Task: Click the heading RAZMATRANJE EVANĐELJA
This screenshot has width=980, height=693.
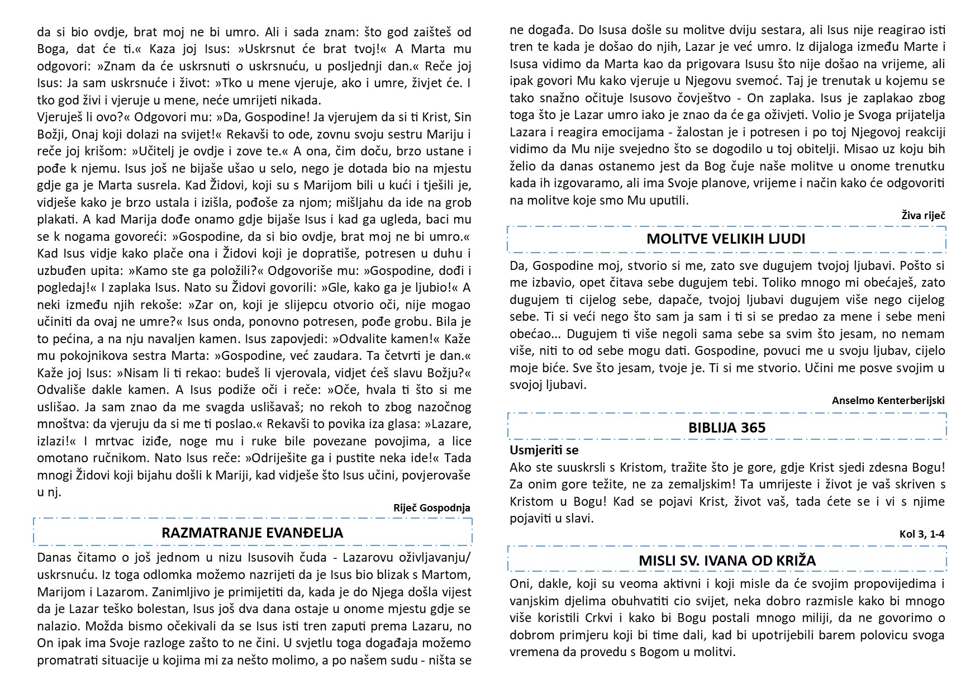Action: coord(252,533)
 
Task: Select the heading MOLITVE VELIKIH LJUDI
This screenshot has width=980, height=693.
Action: coord(726,239)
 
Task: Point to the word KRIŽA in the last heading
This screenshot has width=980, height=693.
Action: coord(792,561)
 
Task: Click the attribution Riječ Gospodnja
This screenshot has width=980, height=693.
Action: coord(432,508)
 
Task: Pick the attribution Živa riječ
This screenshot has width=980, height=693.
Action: coord(923,215)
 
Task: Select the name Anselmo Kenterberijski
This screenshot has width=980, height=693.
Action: coord(888,401)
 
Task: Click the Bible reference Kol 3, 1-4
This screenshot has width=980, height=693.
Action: coord(922,534)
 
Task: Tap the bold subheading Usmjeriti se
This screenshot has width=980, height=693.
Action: coord(544,450)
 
